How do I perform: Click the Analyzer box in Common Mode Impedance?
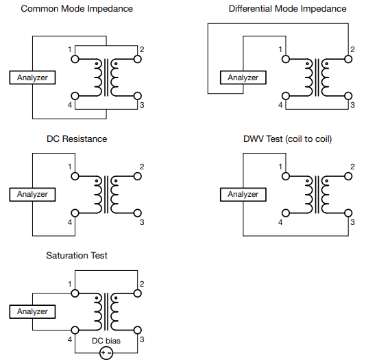click(32, 77)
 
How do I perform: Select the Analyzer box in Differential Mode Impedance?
click(243, 77)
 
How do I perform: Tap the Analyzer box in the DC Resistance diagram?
click(32, 195)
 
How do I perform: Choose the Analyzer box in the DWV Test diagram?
click(243, 195)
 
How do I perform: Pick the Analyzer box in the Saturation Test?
click(32, 312)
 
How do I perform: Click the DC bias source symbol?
click(106, 353)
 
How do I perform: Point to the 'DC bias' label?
click(106, 341)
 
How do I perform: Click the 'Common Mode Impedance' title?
click(77, 9)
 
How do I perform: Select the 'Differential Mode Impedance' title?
click(287, 9)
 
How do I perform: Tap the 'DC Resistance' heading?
click(77, 139)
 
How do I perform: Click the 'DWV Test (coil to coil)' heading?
click(287, 139)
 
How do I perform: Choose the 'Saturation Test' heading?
click(77, 255)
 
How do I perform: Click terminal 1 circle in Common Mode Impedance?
click(75, 59)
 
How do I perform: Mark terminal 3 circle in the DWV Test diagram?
click(348, 213)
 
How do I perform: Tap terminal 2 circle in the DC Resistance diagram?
click(138, 176)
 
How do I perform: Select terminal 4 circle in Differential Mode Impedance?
click(286, 96)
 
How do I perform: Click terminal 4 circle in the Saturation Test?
click(75, 330)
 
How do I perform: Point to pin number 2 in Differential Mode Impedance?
click(352, 49)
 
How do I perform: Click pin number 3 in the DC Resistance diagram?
click(142, 222)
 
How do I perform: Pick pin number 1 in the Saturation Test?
click(69, 284)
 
